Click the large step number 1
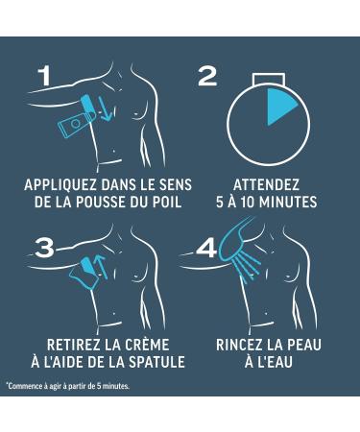(45, 76)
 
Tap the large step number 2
(207, 77)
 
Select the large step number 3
(44, 249)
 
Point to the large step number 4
(207, 249)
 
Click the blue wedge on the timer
(279, 105)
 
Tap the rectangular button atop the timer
(268, 80)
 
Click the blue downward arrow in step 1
(106, 108)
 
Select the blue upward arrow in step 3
(101, 266)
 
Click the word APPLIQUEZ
(60, 185)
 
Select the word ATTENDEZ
(266, 185)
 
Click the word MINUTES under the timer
(288, 202)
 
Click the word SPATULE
(156, 362)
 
